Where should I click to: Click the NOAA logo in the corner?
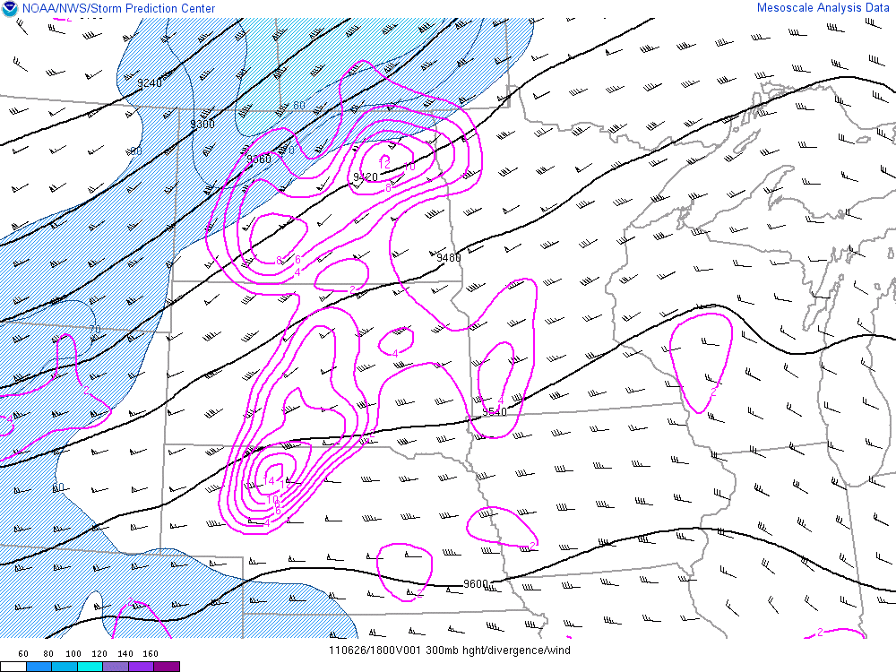pos(9,9)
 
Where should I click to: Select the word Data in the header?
pos(876,8)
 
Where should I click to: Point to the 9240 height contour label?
pos(150,83)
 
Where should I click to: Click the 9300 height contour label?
pos(202,124)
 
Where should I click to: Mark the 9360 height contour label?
pos(259,159)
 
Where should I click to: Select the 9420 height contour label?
pos(365,177)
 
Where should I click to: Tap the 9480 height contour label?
pos(448,258)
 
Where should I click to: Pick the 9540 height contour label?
pos(495,412)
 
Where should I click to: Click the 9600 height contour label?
pos(476,584)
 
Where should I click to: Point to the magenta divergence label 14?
pos(270,481)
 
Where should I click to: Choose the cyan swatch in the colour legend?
pos(89,667)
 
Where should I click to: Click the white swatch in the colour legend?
pos(13,667)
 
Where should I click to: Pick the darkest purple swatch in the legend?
pos(167,667)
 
